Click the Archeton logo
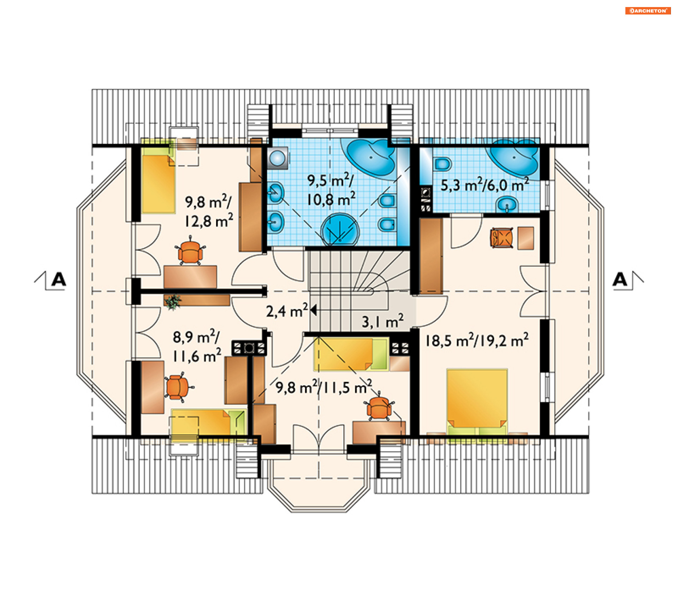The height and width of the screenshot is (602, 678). pos(648,11)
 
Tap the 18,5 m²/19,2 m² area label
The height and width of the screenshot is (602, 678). pos(477,341)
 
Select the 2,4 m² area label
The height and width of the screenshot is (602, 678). pos(287,311)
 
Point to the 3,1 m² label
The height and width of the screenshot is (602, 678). pos(383,321)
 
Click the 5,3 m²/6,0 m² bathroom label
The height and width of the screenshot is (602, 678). pos(484,185)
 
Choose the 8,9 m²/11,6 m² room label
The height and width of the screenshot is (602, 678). pos(197,346)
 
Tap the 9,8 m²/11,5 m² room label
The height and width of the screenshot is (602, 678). pos(324,387)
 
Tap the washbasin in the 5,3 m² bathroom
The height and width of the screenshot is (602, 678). pos(507,205)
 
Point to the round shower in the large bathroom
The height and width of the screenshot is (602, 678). pos(340,229)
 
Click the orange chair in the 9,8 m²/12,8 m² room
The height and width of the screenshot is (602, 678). pos(191,251)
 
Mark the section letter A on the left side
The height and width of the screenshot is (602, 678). pos(59,280)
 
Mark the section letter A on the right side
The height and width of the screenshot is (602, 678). pos(620,280)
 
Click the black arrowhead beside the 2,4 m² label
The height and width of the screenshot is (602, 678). pos(313,310)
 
